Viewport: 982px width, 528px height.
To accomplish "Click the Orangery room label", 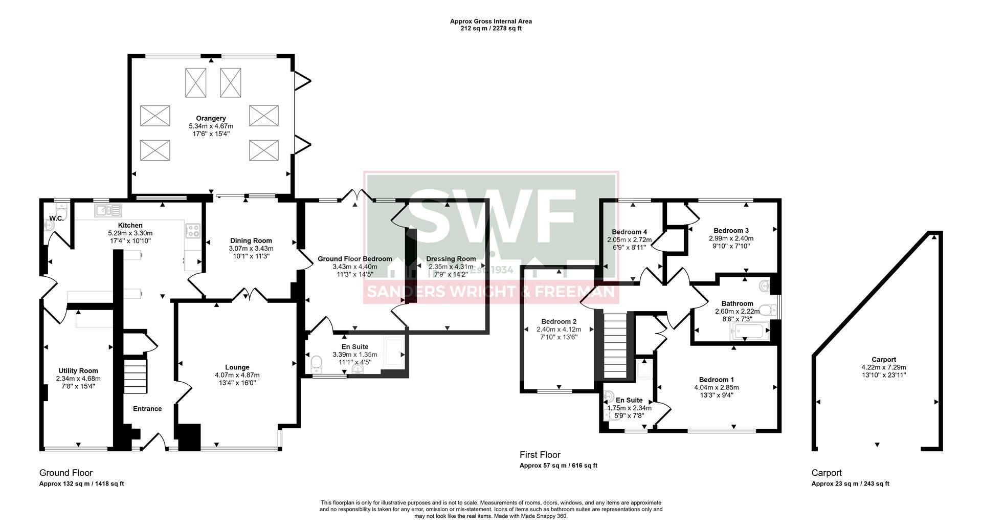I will coord(211,118).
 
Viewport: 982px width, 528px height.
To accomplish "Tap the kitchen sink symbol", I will coord(107,210).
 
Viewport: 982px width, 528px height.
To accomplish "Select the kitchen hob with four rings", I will coord(193,231).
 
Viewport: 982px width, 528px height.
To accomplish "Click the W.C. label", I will coord(56,218).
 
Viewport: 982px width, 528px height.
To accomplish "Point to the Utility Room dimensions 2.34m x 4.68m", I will coord(78,379).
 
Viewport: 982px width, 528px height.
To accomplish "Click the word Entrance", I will coord(147,408).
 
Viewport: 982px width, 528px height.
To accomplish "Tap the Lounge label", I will coord(237,367).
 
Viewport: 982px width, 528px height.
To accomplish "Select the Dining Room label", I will coord(251,240).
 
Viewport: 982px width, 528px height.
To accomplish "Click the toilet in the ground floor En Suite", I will coord(317,364).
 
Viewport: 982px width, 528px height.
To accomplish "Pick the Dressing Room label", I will coord(451,259).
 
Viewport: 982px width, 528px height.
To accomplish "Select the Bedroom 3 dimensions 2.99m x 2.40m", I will coord(731,238).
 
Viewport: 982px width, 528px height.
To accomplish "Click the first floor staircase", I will coord(615,338).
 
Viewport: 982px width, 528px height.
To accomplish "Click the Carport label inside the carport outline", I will coord(883,359).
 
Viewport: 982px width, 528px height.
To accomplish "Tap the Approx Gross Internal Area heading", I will coord(490,21).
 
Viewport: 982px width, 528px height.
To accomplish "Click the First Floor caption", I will coord(540,454).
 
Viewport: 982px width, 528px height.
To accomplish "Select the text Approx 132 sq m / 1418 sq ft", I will coord(82,483).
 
